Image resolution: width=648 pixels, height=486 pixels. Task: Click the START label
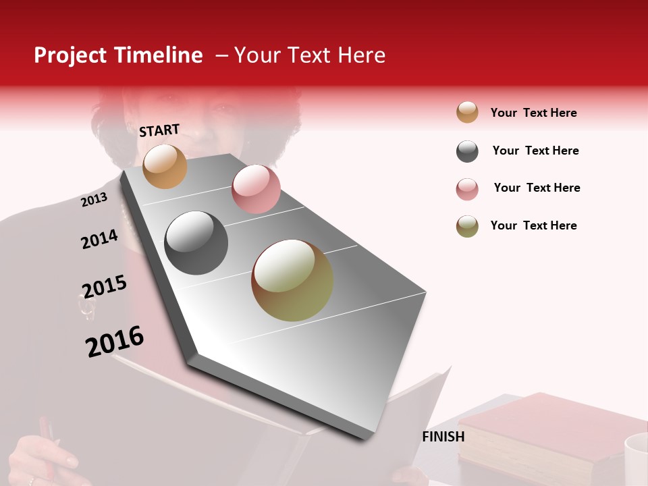159,130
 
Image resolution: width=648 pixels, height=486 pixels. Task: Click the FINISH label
443,437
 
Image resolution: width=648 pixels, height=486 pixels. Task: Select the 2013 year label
94,200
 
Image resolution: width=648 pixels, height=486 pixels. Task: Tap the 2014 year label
99,239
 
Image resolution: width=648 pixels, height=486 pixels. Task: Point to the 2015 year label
104,287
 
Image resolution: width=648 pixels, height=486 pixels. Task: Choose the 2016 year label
115,342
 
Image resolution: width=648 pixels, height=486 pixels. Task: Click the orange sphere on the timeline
165,166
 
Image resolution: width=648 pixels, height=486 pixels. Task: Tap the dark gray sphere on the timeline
196,243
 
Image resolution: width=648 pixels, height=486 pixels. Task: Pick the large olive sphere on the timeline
292,280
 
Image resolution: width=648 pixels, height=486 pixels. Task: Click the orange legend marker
467,112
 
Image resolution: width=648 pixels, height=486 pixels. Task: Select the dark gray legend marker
467,151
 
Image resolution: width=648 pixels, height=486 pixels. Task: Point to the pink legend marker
467,189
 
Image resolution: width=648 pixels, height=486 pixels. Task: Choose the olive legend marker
467,226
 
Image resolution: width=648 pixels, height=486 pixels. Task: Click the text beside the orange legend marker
533,113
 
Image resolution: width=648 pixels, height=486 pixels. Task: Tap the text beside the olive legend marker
533,225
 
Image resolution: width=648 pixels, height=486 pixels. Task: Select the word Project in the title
70,55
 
